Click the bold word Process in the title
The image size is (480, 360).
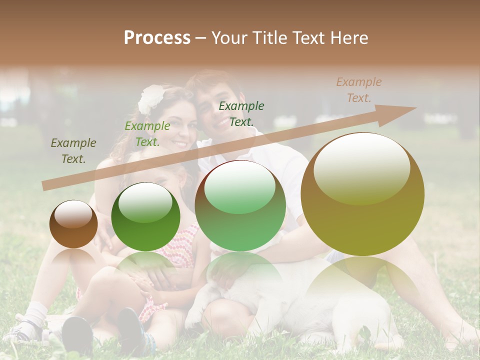click(157, 38)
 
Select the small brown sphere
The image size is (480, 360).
click(73, 224)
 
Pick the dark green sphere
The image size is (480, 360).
click(145, 217)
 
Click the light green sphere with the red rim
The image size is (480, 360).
click(240, 205)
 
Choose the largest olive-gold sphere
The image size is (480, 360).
click(362, 194)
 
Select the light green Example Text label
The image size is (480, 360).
click(147, 134)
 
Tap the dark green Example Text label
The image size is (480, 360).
click(241, 113)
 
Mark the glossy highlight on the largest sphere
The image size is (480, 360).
click(361, 167)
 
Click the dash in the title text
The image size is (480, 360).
click(200, 38)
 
